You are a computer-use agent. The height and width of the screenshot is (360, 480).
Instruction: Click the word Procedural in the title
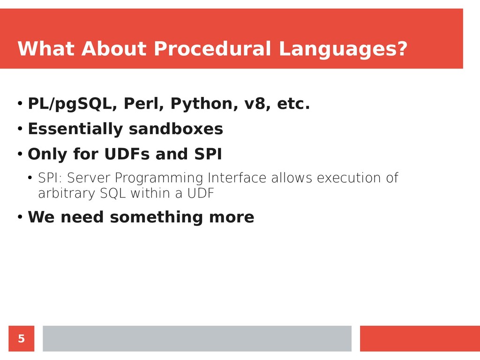tap(212, 48)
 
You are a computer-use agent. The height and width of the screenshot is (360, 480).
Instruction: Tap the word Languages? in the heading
tap(343, 49)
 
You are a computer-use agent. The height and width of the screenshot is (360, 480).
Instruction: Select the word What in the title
tap(46, 48)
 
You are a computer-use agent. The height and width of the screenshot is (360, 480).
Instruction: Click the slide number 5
tap(21, 338)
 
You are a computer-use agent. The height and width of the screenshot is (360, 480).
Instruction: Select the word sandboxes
tap(176, 128)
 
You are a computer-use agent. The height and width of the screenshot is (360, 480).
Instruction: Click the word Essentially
tap(75, 129)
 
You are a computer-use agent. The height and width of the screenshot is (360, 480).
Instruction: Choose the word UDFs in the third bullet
tap(127, 154)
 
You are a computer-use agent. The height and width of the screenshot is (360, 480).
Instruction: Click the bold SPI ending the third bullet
tap(208, 154)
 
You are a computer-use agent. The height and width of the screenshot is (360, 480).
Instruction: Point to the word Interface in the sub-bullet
tap(237, 178)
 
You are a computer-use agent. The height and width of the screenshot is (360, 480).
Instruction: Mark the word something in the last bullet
tap(156, 217)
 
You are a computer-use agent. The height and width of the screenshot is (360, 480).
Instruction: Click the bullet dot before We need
tap(20, 217)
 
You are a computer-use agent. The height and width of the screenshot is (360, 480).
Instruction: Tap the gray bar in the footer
tap(197, 338)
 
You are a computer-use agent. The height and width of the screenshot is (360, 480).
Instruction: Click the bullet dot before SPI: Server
tap(30, 178)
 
